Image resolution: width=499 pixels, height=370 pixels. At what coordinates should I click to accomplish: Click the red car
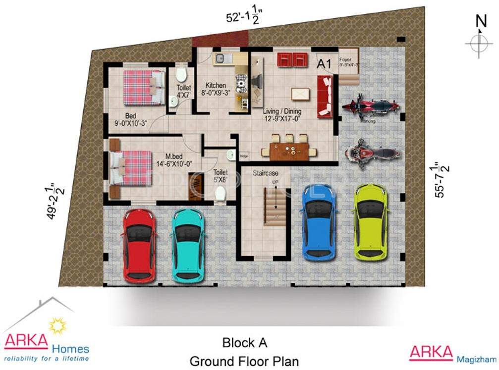139,245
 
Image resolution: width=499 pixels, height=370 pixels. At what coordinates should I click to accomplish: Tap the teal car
188,244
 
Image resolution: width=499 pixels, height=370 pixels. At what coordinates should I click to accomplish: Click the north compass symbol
479,42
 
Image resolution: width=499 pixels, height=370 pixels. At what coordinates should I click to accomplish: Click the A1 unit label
324,64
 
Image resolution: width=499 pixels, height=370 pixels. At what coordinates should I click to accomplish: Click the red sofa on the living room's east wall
324,97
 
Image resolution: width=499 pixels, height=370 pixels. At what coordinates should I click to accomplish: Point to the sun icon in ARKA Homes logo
56,326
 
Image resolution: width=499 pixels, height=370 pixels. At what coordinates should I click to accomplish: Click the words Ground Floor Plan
244,361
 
